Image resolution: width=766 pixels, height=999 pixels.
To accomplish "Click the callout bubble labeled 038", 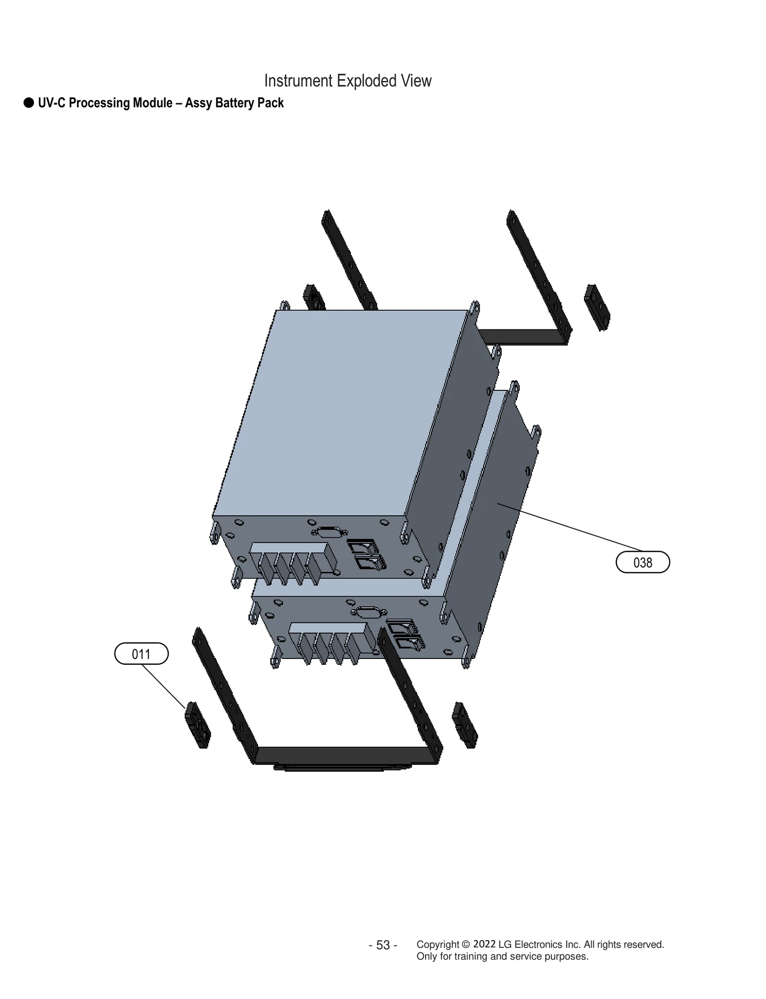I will [x=642, y=562].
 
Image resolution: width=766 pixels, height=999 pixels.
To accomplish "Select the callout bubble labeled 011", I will [x=141, y=654].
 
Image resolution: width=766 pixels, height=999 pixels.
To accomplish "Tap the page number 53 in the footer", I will [x=383, y=945].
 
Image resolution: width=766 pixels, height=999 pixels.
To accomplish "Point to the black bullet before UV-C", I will [x=29, y=103].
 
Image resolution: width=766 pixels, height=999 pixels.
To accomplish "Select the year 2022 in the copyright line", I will [x=484, y=944].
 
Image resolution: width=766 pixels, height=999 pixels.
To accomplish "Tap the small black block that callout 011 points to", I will [x=197, y=725].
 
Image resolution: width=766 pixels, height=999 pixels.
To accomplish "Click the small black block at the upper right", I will [x=597, y=307].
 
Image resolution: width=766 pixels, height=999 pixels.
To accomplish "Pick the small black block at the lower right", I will [x=464, y=726].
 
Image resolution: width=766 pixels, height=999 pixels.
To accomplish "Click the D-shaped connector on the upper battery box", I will [x=328, y=532].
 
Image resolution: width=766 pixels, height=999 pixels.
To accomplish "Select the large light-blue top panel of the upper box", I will [x=340, y=412].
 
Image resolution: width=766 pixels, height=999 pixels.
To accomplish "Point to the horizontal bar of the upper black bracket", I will [x=522, y=336].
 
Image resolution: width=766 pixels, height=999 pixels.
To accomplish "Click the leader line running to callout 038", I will [x=570, y=526].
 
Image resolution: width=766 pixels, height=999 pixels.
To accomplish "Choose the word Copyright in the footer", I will [x=438, y=944].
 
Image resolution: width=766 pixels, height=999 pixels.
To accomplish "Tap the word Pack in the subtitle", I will [x=270, y=103].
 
